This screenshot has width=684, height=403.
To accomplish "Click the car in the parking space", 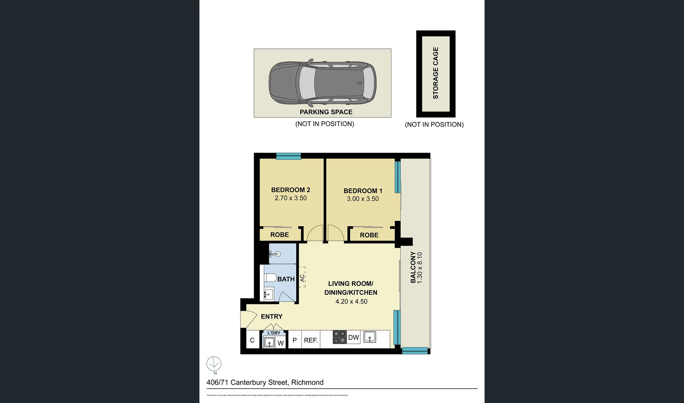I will coord(322,82).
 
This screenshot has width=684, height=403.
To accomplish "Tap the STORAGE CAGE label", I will coord(436,73).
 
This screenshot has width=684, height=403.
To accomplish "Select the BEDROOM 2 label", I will coord(291,190).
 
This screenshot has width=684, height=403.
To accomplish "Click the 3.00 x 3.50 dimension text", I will coord(363,199).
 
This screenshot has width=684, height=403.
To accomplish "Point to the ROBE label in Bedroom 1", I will coord(369,235).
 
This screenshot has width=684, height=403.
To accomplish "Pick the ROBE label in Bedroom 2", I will coord(279,235).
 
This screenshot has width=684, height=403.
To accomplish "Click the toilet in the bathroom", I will coord(270,278).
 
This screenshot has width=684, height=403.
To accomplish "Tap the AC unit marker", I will coord(302,277).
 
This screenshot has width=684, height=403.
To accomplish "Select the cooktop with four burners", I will coord(340,337).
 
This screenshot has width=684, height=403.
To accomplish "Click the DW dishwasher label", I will coord(353,338).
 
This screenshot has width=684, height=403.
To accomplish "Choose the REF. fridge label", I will coord(311,340).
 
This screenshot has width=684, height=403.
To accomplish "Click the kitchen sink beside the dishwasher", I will coord(370,337).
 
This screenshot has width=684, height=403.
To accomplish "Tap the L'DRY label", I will coord(274,333).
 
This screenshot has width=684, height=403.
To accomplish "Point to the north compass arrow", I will coord(214,364).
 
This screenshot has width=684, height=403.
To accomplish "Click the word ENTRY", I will coord(272,316).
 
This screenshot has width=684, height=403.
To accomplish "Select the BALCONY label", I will coord(413,267).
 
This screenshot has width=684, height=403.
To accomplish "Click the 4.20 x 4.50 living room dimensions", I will coord(351,302).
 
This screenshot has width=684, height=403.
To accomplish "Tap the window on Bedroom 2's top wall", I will coord(288,156).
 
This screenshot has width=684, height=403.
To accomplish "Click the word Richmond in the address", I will coord(307,382).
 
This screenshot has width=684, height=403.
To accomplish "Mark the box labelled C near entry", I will coord(252,340).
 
